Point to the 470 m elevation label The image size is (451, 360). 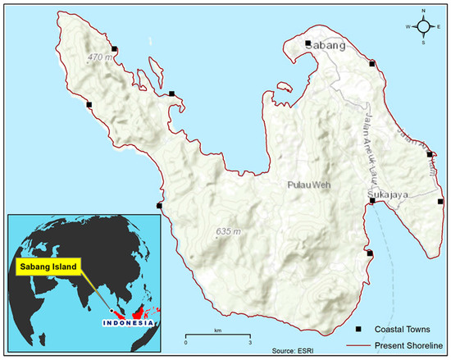[100, 57]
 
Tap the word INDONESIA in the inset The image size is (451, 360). [127, 322]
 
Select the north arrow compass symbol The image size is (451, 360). [425, 26]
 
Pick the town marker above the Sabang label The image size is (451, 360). [307, 43]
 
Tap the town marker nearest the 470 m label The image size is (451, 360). [114, 49]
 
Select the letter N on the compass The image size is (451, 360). [425, 11]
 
